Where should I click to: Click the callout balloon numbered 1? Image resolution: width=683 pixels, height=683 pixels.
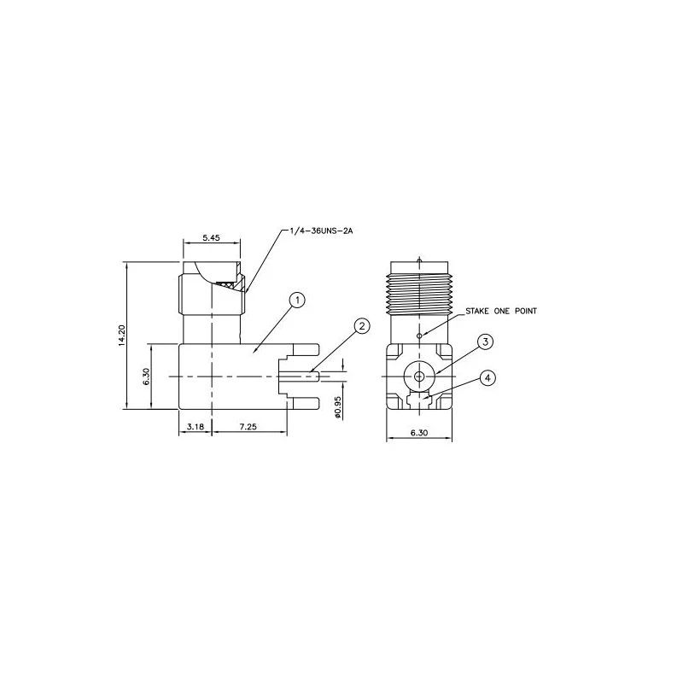tap(297, 301)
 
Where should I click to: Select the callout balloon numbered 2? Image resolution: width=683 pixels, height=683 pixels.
tap(362, 326)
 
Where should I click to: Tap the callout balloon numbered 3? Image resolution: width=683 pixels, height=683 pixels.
tap(486, 342)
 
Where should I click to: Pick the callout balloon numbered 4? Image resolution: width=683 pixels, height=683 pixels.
tap(487, 378)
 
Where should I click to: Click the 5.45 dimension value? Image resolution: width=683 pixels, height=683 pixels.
tap(211, 238)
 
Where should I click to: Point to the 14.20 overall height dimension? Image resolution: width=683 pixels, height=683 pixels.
tap(122, 336)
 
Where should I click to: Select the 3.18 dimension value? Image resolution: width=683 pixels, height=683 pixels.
tap(196, 427)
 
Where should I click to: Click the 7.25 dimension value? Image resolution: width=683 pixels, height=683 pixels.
tap(248, 427)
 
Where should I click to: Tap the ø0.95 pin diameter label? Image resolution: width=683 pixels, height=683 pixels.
tap(338, 408)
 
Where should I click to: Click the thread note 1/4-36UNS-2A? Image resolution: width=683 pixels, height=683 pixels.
tap(322, 231)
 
